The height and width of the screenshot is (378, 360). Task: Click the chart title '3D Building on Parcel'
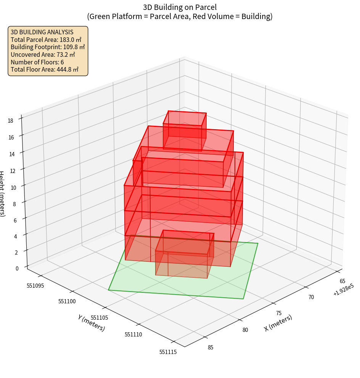(x=180, y=7)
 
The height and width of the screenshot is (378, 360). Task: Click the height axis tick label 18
(x=10, y=120)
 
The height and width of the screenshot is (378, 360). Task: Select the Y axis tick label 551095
(x=36, y=285)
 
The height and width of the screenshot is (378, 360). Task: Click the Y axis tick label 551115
(x=168, y=352)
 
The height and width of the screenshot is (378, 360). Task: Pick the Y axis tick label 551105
(x=100, y=318)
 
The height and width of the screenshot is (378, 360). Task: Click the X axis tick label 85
(x=210, y=347)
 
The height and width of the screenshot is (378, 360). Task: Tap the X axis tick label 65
(x=342, y=281)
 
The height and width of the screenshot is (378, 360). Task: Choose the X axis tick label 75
(x=278, y=313)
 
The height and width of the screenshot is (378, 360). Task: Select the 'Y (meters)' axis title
(x=91, y=323)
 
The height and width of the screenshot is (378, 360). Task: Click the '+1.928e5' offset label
(x=343, y=292)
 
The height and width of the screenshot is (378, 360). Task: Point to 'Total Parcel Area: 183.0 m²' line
(x=46, y=40)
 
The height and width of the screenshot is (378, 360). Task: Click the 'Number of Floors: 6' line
(x=37, y=62)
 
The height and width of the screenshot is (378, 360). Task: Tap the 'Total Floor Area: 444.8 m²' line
(x=45, y=69)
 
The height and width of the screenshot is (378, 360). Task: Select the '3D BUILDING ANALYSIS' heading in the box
(x=42, y=32)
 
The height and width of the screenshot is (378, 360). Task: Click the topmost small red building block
(x=185, y=130)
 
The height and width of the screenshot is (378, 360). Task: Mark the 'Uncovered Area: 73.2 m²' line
(x=43, y=54)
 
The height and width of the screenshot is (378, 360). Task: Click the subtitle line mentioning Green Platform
(x=180, y=16)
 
